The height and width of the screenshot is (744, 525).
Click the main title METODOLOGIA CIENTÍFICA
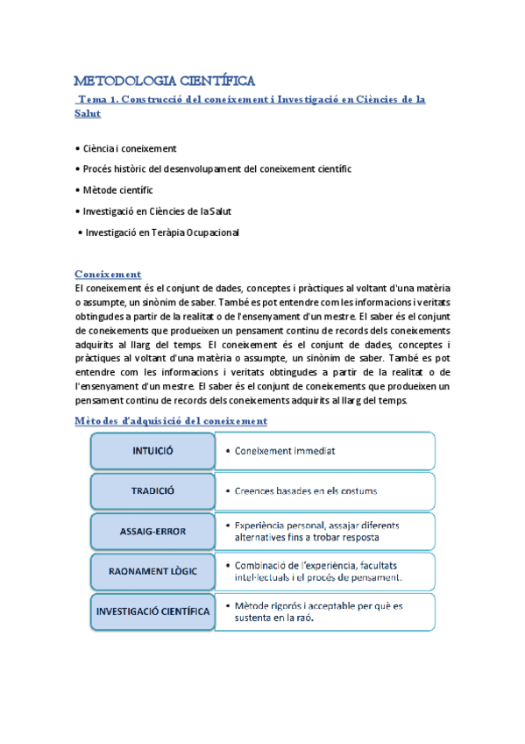[x=164, y=82]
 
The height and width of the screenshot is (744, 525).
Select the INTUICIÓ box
[x=153, y=451]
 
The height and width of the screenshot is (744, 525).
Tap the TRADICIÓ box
[x=153, y=491]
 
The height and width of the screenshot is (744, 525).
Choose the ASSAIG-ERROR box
[x=153, y=531]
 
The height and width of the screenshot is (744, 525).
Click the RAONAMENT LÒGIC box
[x=153, y=571]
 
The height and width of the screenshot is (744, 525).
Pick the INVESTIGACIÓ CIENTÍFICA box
[x=153, y=612]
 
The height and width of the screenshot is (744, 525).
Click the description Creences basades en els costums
[x=305, y=491]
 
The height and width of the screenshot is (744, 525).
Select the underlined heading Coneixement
[x=108, y=274]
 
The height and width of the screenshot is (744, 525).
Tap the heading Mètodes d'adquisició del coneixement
[x=171, y=420]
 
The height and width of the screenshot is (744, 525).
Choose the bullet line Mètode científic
[x=115, y=190]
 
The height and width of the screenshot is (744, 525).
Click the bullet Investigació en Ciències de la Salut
[x=157, y=211]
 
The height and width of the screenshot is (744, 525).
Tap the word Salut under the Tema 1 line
[x=88, y=114]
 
